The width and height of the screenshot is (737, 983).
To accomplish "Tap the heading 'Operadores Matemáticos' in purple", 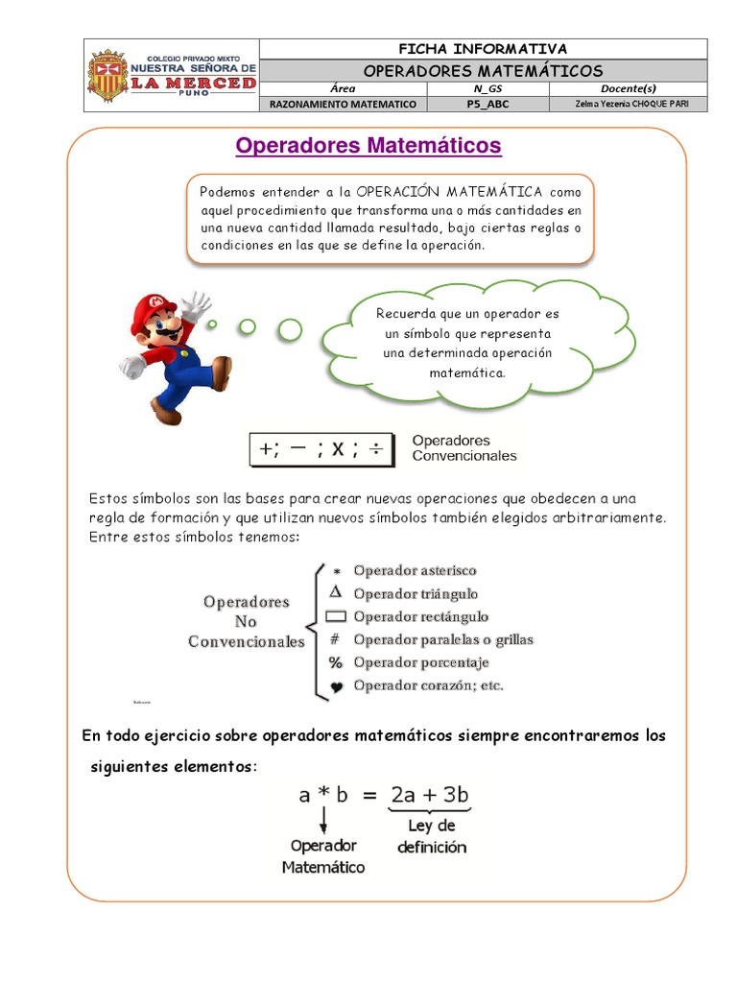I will click(x=368, y=146).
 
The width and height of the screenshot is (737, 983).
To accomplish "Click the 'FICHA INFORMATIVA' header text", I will click(x=483, y=48).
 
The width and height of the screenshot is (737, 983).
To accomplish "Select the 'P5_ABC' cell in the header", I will click(x=487, y=104).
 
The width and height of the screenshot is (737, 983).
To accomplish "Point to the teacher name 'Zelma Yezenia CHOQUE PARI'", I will click(x=628, y=104).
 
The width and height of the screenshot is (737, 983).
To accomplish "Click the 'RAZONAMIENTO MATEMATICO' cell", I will click(x=343, y=104).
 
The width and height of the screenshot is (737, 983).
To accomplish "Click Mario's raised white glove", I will click(x=197, y=306).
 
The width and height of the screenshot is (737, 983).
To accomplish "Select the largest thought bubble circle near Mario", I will click(x=290, y=331).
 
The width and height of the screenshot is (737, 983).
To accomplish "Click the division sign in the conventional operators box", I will click(x=377, y=449).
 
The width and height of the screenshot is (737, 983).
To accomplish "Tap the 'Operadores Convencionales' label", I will click(x=464, y=448).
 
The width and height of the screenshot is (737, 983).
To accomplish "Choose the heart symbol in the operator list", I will click(x=336, y=687).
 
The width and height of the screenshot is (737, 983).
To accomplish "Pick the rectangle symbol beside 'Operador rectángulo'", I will click(x=336, y=617).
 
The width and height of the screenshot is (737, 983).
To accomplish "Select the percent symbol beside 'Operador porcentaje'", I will click(x=336, y=662).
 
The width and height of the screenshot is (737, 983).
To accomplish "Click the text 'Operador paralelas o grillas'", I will click(x=443, y=639).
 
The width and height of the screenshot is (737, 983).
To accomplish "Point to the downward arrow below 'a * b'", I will click(x=325, y=821).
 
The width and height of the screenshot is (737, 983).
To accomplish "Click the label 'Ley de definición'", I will click(x=432, y=836).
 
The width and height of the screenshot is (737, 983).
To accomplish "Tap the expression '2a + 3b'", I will click(x=429, y=795).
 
